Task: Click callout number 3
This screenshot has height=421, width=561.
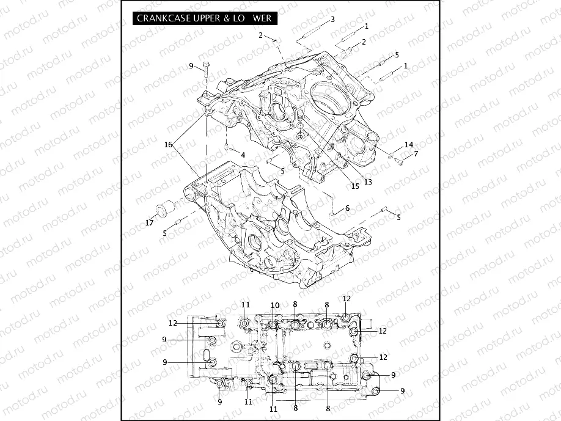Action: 332,20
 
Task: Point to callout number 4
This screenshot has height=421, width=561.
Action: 243,155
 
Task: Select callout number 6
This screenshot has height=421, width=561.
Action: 347,208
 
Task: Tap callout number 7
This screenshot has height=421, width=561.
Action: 416,153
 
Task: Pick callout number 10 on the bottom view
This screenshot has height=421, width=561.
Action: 275,305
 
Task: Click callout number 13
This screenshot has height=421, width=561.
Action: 368,181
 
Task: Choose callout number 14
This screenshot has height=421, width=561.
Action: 409,145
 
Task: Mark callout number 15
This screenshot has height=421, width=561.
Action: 355,186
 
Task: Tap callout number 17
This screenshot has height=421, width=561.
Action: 149,223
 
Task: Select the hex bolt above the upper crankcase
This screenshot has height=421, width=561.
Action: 205,68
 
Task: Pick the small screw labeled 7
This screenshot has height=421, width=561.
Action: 398,161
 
